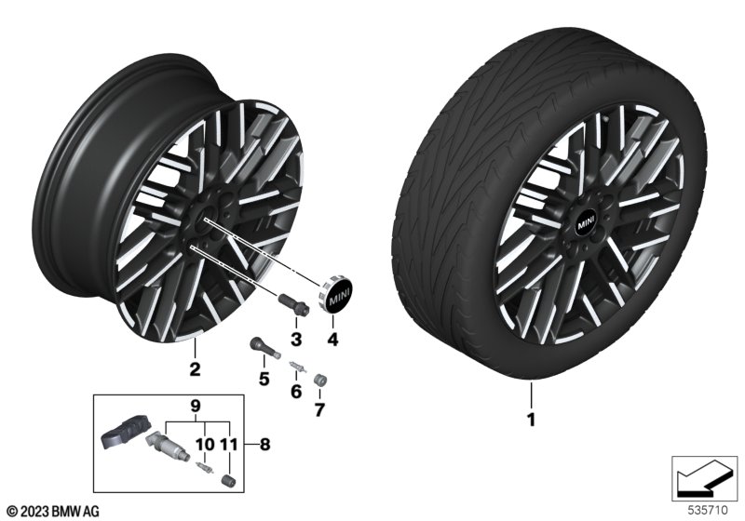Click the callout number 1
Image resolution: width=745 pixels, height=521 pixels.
coord(531,420)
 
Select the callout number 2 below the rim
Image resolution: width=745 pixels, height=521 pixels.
coord(195,369)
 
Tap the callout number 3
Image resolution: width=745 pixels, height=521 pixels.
coord(296,340)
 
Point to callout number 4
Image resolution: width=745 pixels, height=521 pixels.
coord(332,340)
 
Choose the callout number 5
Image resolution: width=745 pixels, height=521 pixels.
coord(264,379)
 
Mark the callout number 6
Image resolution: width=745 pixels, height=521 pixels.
coord(296,392)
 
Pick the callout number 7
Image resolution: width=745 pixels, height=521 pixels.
coord(319,409)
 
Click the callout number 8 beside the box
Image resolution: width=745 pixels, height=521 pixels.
coord(264,445)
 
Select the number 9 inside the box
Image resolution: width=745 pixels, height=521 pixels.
coord(196,407)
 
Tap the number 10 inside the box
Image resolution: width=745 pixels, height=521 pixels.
coord(205,445)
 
